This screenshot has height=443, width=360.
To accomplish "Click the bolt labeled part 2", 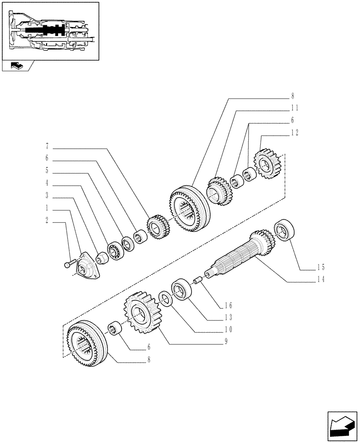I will [67, 265].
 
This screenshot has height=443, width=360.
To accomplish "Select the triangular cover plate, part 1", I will [88, 266].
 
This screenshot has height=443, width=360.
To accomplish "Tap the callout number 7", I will [47, 146].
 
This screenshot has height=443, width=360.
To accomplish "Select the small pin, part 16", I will [197, 280].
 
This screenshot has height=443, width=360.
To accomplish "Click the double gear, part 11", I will [219, 191].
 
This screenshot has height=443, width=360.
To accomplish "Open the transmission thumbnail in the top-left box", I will [50, 30].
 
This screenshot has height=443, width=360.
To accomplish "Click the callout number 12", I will [295, 132].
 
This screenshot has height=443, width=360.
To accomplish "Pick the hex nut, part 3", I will [101, 257].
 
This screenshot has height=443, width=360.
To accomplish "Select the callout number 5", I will [47, 170].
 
